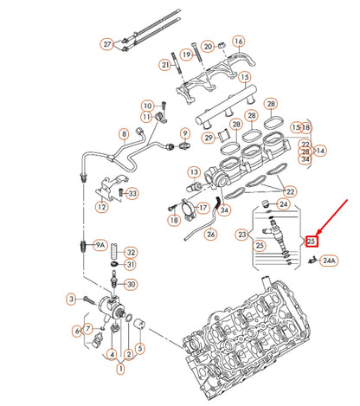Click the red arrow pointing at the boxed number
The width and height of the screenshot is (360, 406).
pos(333,216)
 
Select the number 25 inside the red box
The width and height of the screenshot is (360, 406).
pos(312,241)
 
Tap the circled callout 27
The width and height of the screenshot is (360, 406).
pos(107,44)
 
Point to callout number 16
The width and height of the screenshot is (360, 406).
pos(239,41)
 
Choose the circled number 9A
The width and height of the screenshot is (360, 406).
pos(100,246)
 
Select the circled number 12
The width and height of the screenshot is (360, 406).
pos(103,207)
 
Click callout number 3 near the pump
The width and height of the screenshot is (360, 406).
pos(72,299)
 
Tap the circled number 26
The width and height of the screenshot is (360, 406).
pos(210,234)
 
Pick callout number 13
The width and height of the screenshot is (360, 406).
pos(195,172)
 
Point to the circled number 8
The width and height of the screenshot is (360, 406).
pos(125,134)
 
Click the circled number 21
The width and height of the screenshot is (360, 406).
pos(165,65)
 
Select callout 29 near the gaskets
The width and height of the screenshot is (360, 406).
pos(209,138)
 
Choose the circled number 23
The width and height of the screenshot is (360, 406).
pos(242,234)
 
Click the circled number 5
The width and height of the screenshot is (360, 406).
pos(140,350)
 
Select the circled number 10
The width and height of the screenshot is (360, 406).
pos(147,105)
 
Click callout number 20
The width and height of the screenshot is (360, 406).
pos(207,46)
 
